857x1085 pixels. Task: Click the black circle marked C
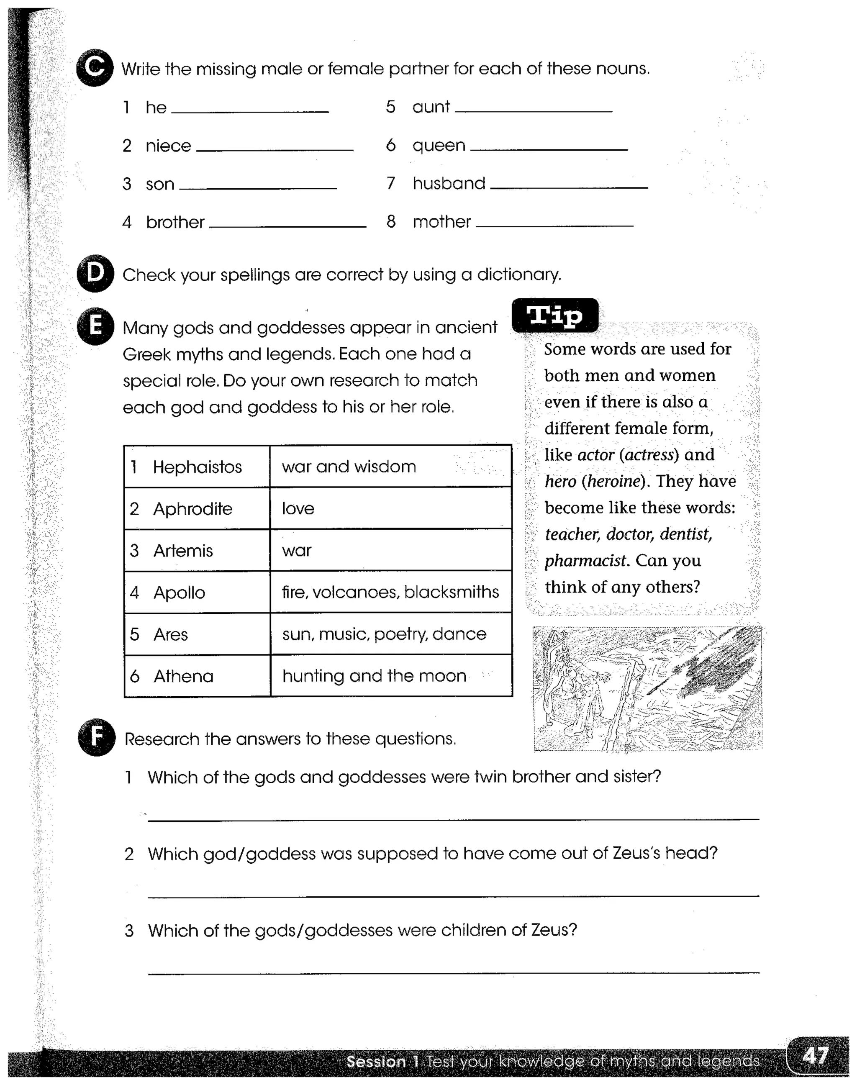[94, 68]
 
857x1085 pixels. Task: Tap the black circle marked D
[95, 273]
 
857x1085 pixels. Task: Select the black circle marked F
[96, 738]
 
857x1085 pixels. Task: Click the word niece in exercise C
[168, 146]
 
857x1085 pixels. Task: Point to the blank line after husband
[569, 187]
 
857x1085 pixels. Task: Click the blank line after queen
[549, 149]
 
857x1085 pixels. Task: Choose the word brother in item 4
[175, 222]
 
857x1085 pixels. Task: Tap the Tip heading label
[555, 315]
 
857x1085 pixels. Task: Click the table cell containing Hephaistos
[197, 467]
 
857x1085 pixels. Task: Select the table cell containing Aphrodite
[197, 508]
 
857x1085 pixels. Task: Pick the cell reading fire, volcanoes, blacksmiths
[390, 592]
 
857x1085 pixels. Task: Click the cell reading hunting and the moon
[390, 676]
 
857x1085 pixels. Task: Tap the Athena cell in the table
[197, 676]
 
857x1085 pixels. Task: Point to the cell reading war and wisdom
[390, 467]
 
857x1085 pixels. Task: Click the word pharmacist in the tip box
[585, 560]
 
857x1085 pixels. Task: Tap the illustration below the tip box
[647, 689]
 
